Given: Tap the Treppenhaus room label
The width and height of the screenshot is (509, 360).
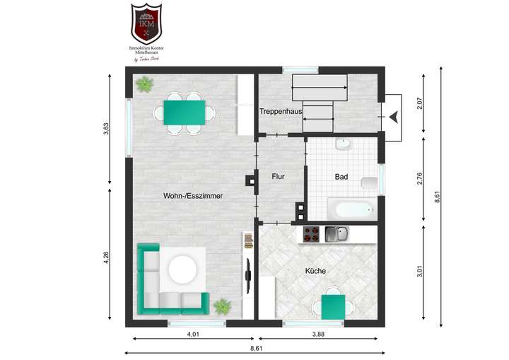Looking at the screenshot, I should coord(281,112).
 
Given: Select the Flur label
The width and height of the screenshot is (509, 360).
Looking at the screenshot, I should coord(278,177).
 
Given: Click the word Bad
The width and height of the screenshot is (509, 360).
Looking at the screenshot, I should coord(341,177).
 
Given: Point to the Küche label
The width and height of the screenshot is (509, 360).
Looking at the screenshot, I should coord(315,271).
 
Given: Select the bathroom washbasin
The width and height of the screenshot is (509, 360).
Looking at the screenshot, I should coord(343,145).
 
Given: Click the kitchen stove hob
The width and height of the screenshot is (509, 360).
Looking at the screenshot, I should coord(312,234).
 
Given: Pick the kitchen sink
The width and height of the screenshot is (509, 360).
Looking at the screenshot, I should coord(337,234).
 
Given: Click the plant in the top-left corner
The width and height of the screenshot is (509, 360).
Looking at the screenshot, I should coord(145,85).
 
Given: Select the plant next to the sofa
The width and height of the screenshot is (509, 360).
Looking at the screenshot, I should coord(223,306).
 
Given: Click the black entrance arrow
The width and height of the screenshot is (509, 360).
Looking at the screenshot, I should coord(393,116).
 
